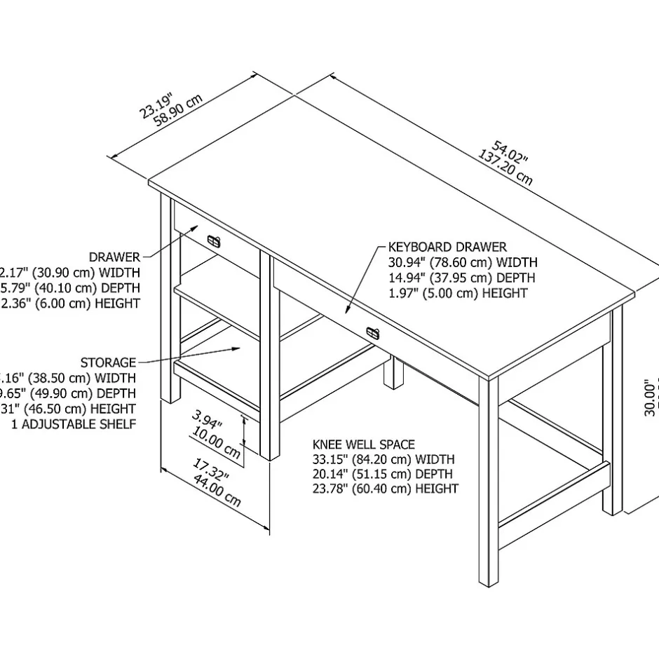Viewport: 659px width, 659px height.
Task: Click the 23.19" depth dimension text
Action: coord(156,102)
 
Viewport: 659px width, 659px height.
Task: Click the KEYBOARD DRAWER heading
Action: coord(447,247)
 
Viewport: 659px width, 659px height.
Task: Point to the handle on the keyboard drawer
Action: coord(372,332)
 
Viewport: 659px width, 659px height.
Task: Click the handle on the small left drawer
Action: coord(214,242)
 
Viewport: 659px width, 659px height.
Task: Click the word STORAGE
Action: coord(108,362)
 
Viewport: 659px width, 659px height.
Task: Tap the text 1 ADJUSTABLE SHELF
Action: coord(74,424)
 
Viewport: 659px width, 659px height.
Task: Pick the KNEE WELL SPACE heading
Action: coord(363,444)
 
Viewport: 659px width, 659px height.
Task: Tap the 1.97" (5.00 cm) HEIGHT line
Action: coord(458,293)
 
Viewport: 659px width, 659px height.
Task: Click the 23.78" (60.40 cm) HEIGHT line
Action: coord(385,489)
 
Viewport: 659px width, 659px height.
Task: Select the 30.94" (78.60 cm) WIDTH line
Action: coord(463,262)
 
